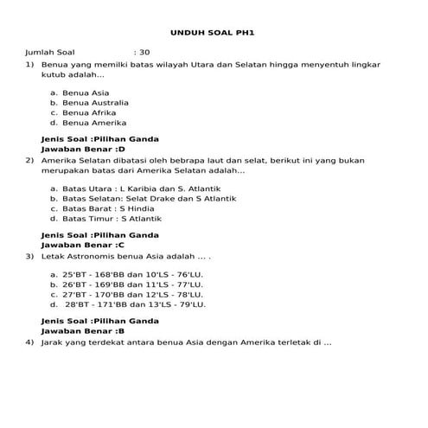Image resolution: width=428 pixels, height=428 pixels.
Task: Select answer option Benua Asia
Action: (86, 93)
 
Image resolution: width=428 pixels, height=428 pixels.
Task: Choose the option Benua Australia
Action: (95, 102)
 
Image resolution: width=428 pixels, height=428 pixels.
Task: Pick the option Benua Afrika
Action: (89, 112)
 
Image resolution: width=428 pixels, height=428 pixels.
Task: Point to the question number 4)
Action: (30, 342)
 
